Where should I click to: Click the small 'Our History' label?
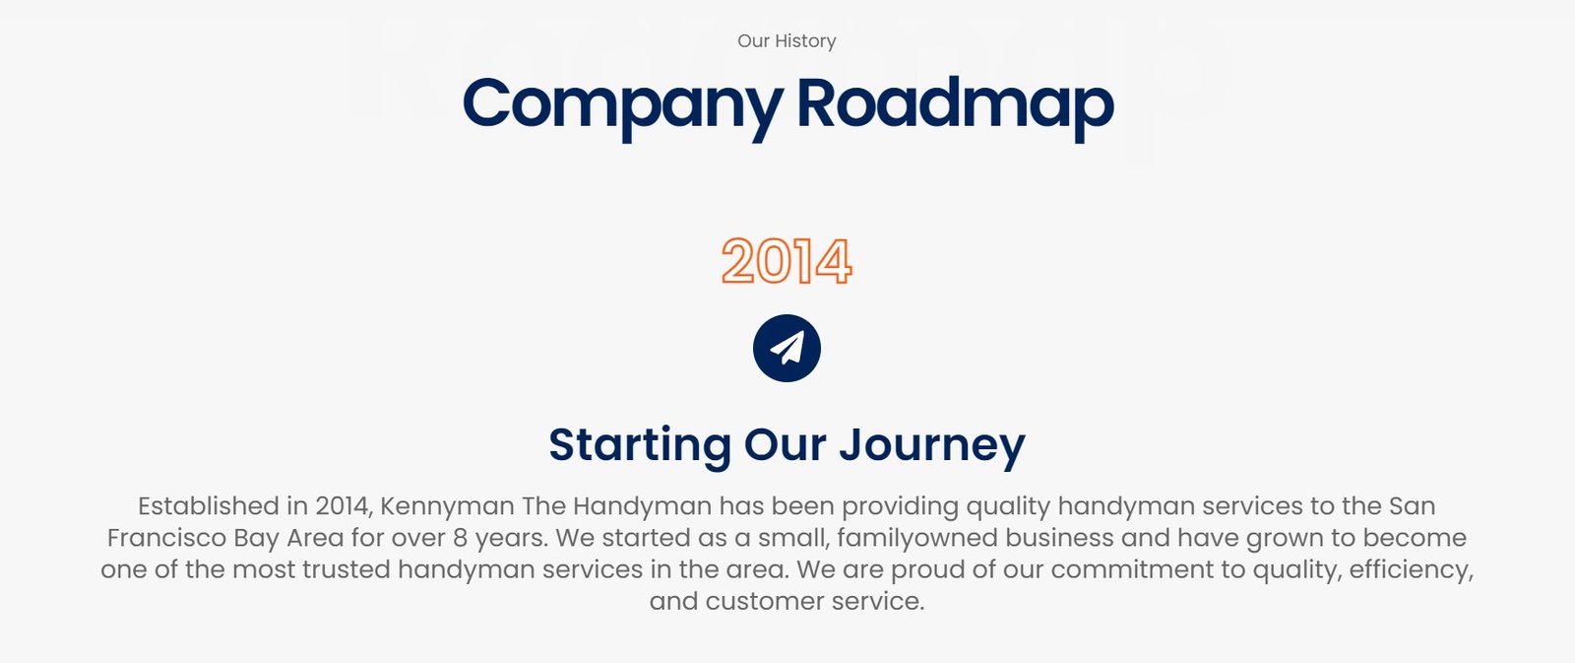click(787, 40)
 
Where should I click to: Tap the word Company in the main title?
click(623, 106)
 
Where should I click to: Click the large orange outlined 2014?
click(787, 261)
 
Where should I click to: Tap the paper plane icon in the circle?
click(787, 349)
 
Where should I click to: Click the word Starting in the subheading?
click(640, 445)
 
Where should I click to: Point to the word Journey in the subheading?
click(932, 445)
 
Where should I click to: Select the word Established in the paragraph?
click(208, 506)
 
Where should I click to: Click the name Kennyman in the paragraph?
click(447, 506)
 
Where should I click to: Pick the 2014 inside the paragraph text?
click(343, 507)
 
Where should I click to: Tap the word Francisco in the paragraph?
click(166, 538)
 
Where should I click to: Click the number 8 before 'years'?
click(461, 539)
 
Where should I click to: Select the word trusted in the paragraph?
click(346, 569)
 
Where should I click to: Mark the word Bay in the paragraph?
click(257, 539)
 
